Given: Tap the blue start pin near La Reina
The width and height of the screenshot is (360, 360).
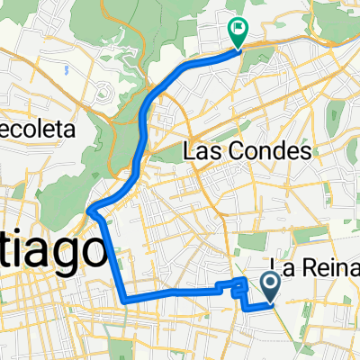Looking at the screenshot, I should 271,287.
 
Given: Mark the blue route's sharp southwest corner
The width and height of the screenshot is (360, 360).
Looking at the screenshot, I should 123,298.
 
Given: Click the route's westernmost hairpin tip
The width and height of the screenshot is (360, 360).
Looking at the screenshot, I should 91,211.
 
